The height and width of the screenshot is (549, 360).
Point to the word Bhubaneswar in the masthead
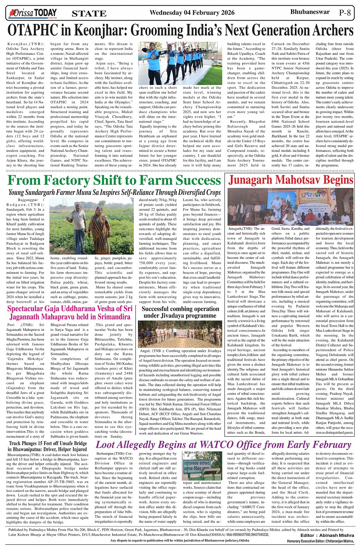(310, 12)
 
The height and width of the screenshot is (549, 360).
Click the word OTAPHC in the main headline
(37, 30)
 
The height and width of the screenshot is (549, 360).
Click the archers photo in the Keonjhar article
(180, 63)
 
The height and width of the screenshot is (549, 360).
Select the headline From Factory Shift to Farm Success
(114, 180)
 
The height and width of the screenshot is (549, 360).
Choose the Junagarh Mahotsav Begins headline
(291, 180)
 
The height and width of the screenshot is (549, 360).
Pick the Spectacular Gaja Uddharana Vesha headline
(70, 312)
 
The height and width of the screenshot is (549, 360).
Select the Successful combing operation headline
(180, 312)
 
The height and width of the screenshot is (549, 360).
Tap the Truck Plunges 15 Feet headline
(48, 446)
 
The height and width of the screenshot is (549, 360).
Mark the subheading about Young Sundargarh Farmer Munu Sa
(114, 193)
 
